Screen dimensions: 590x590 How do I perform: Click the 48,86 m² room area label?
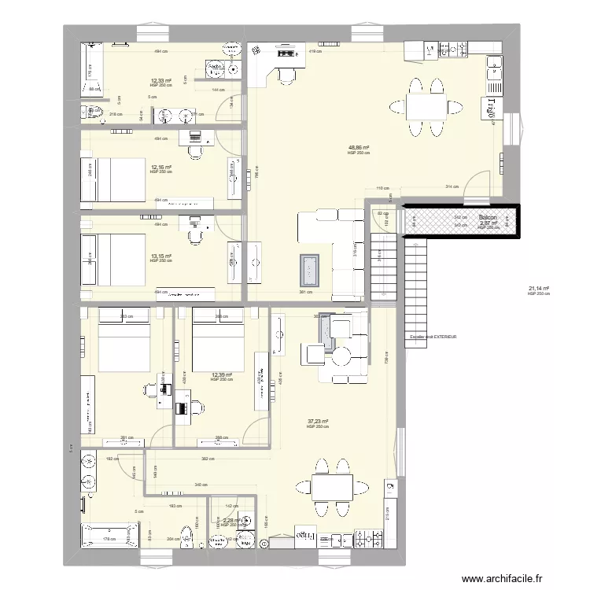[x=358, y=147]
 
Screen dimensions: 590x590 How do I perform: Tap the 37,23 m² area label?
[x=318, y=422]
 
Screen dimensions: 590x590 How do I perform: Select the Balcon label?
[x=488, y=217]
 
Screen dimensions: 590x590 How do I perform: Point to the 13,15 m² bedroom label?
[x=161, y=256]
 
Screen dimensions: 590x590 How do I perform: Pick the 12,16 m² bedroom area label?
[x=161, y=168]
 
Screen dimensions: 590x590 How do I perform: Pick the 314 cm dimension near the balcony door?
[x=452, y=187]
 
